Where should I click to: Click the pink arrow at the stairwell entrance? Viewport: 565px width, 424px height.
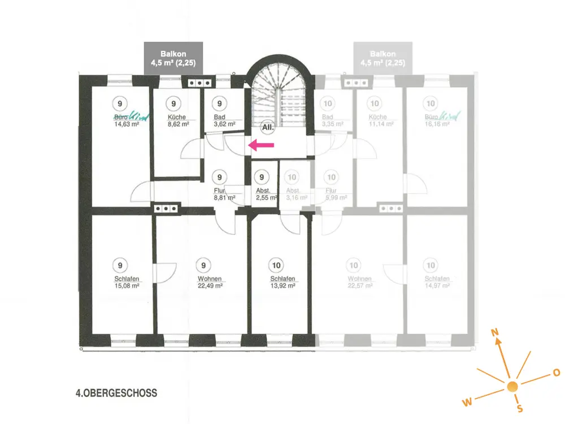(x=262, y=146)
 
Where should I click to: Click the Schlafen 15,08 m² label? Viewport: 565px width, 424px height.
(x=127, y=282)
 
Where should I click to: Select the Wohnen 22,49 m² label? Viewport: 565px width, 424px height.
(x=210, y=282)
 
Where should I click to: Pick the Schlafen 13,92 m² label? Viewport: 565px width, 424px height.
(x=282, y=282)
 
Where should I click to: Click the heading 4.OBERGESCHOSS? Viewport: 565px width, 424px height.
(x=116, y=391)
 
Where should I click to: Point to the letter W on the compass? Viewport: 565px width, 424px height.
(x=467, y=402)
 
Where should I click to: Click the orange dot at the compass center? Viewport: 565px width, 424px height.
(x=512, y=387)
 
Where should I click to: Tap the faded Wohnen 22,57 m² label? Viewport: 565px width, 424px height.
(x=359, y=282)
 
